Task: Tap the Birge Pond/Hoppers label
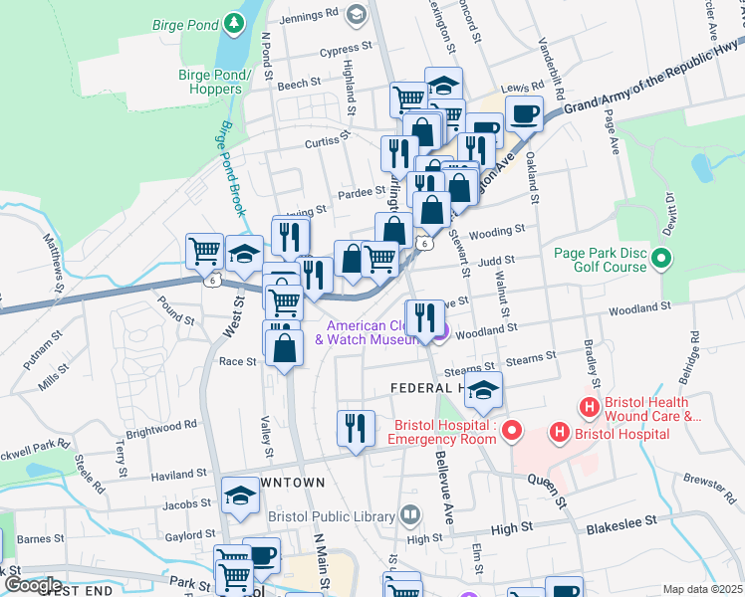pyautogui.click(x=209, y=82)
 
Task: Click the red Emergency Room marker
pyautogui.click(x=512, y=431)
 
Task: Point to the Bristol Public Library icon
pyautogui.click(x=409, y=514)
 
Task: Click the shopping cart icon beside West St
pyautogui.click(x=205, y=250)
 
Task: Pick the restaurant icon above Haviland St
pyautogui.click(x=356, y=427)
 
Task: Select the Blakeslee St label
pyautogui.click(x=621, y=520)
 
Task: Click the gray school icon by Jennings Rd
pyautogui.click(x=357, y=15)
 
